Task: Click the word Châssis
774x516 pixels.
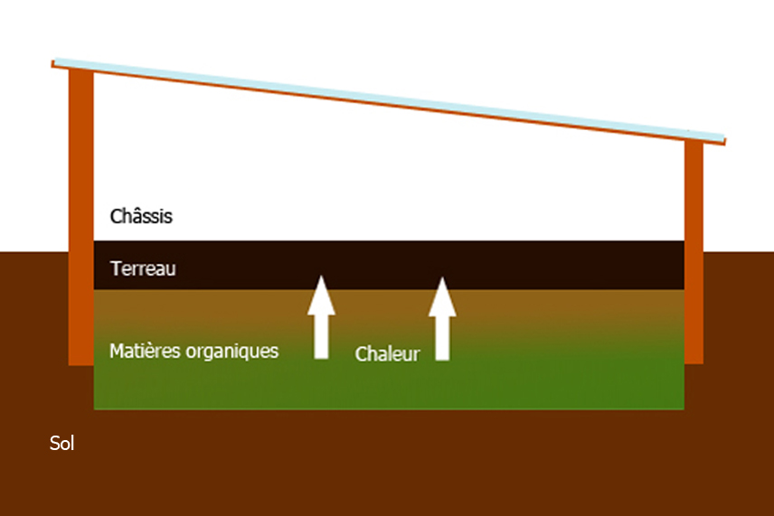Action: tap(141, 217)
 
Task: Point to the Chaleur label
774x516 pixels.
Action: tap(387, 354)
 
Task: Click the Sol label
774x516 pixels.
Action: tap(61, 443)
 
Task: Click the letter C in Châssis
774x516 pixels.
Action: tap(116, 217)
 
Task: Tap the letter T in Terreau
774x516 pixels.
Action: tap(114, 268)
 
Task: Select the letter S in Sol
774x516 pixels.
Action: tap(54, 443)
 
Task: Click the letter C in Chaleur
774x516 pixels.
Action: tap(361, 354)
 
